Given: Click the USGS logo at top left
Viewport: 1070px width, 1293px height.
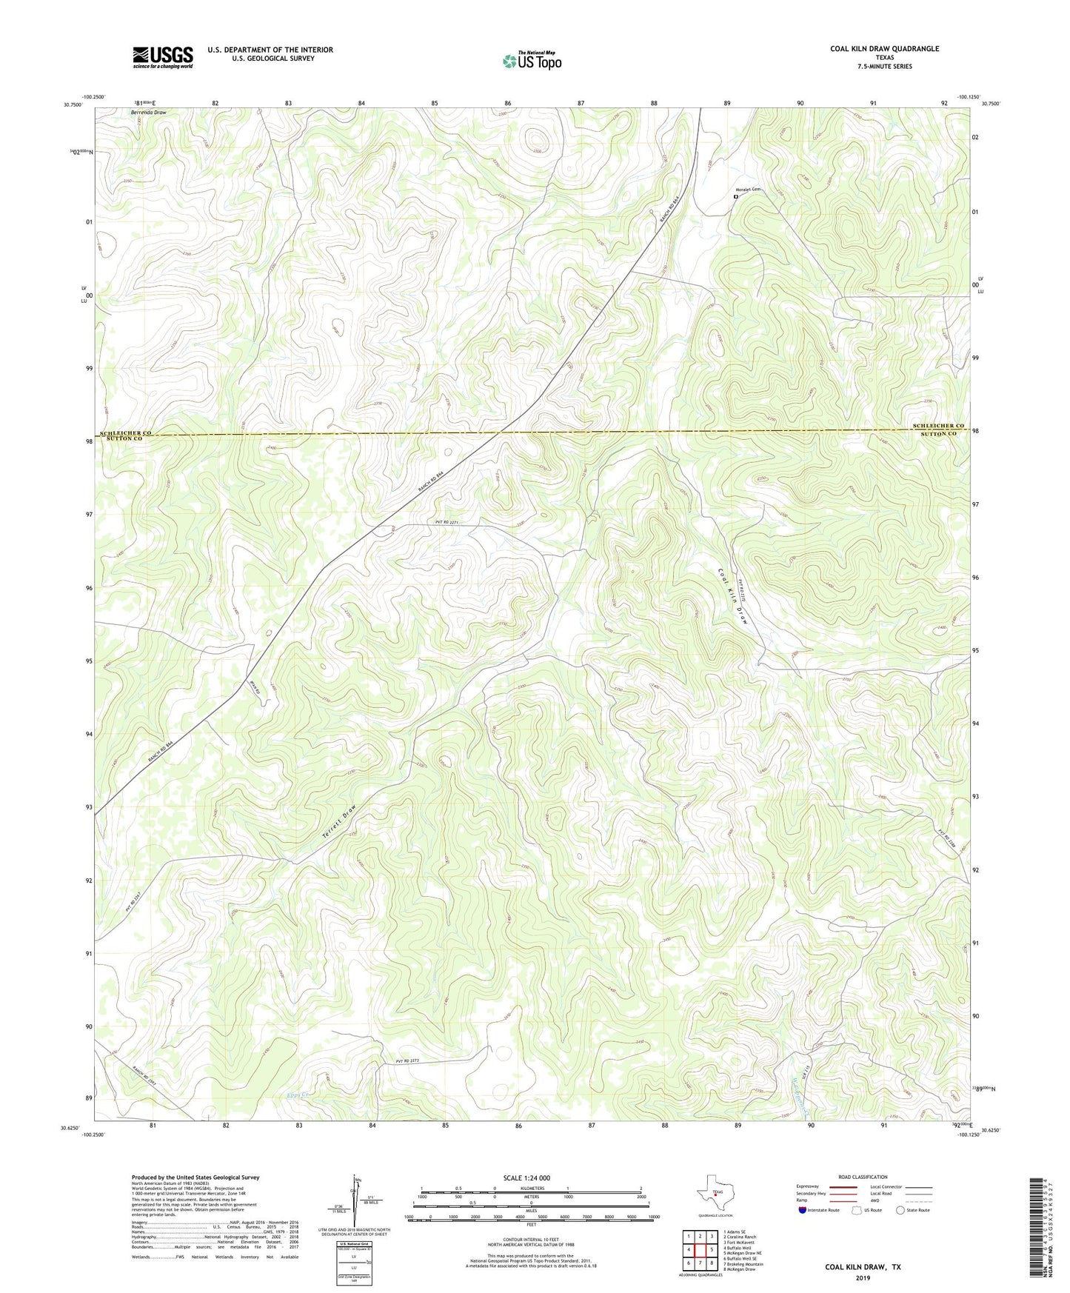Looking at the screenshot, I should (x=163, y=57).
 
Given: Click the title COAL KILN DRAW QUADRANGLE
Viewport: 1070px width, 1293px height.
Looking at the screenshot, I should (x=884, y=49).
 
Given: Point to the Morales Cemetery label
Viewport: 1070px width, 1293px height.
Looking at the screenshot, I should (x=747, y=188).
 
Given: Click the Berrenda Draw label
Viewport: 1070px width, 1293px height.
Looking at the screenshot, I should (x=148, y=113).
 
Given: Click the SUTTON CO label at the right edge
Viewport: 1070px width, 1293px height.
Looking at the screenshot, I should (x=938, y=434).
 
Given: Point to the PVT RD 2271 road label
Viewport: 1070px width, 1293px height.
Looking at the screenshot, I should (x=447, y=522).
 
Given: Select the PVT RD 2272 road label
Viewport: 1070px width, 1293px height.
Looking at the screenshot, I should (x=407, y=1061).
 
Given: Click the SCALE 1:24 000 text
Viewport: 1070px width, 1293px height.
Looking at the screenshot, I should (x=526, y=1177).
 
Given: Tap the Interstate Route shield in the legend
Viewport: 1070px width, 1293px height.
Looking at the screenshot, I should (x=803, y=1209).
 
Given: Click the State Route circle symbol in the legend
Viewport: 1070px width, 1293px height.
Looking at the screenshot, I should (x=900, y=1210).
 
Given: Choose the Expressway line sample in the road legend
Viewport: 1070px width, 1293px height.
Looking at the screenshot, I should (x=843, y=1187).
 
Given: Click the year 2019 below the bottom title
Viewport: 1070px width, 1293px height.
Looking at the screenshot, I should (x=863, y=1277).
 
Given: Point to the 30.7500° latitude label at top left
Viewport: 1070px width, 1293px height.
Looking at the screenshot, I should (x=73, y=105).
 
